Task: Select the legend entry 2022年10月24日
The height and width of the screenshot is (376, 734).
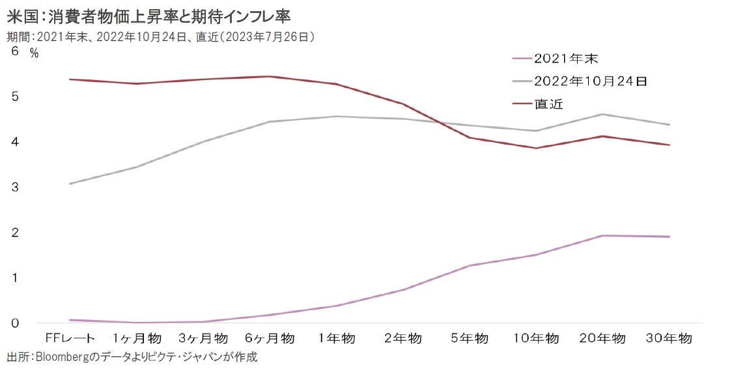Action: [589, 81]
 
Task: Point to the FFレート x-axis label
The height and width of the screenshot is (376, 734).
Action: [70, 339]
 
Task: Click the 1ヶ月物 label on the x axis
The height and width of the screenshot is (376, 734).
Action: [137, 339]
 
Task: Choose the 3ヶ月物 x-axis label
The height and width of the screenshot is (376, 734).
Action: [204, 339]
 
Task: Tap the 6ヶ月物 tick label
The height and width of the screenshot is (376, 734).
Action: [270, 339]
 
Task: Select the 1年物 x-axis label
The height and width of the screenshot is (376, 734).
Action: [337, 339]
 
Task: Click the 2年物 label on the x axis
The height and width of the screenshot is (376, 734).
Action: [404, 339]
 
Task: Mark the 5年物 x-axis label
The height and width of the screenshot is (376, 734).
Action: [470, 339]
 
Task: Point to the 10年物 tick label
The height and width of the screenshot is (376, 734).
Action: [537, 339]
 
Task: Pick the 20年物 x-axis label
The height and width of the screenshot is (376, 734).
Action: [603, 339]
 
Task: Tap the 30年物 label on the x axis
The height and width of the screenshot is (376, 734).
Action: [670, 339]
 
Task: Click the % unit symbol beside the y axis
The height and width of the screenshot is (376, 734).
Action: [35, 54]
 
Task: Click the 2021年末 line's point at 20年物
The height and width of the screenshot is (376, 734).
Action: [603, 236]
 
